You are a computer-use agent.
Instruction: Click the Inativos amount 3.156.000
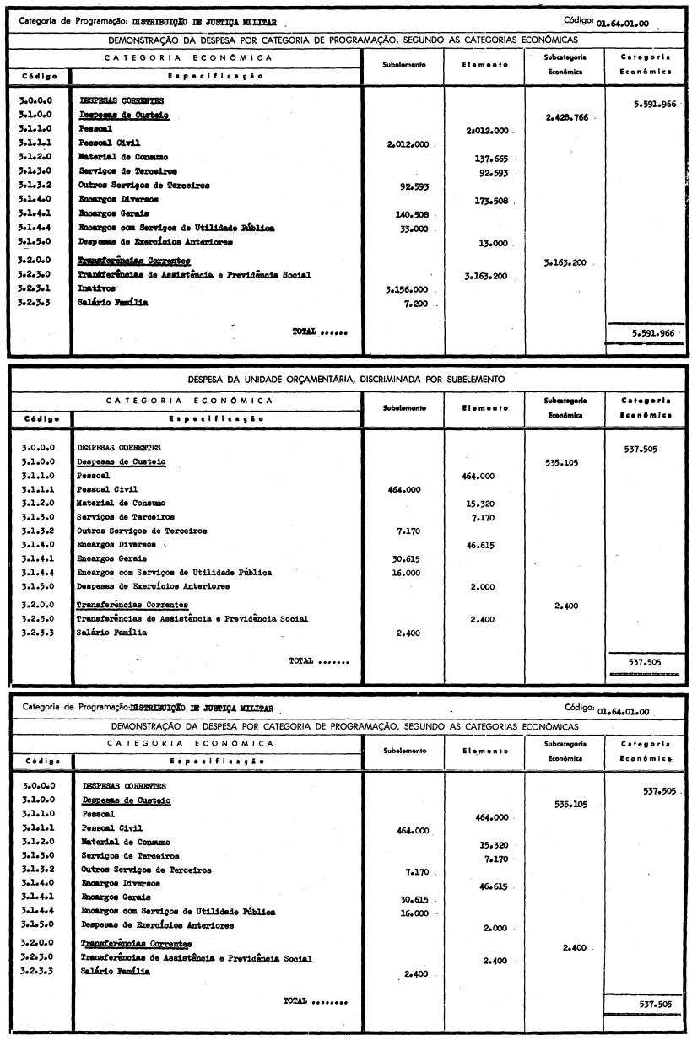409,288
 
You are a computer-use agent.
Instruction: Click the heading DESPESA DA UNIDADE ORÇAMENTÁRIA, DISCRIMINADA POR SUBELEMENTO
346,379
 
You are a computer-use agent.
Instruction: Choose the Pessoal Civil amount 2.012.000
409,144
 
